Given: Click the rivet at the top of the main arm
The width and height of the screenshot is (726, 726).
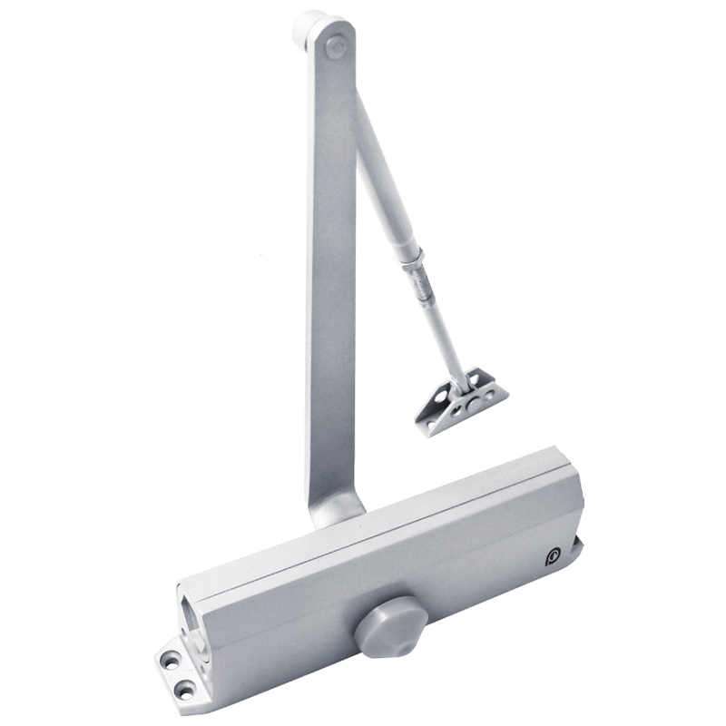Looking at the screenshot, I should pyautogui.click(x=338, y=43).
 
